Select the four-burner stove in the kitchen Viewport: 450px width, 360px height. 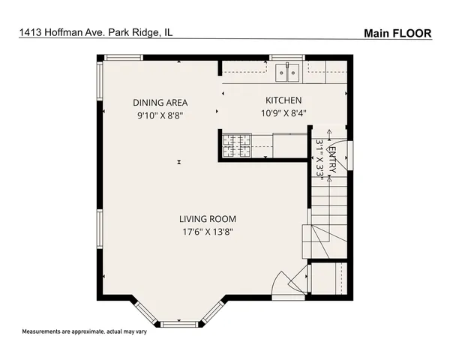pyautogui.click(x=236, y=145)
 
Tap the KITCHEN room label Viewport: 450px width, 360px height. pyautogui.click(x=283, y=100)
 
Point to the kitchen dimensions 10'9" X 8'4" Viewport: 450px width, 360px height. pyautogui.click(x=283, y=114)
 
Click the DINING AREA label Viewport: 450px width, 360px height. pyautogui.click(x=160, y=103)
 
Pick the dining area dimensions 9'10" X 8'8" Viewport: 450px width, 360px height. pyautogui.click(x=160, y=115)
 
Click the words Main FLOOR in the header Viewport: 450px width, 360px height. pyautogui.click(x=397, y=33)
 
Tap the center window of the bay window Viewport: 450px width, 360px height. pyautogui.click(x=179, y=323)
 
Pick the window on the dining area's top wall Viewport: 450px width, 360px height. pyautogui.click(x=123, y=57)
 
